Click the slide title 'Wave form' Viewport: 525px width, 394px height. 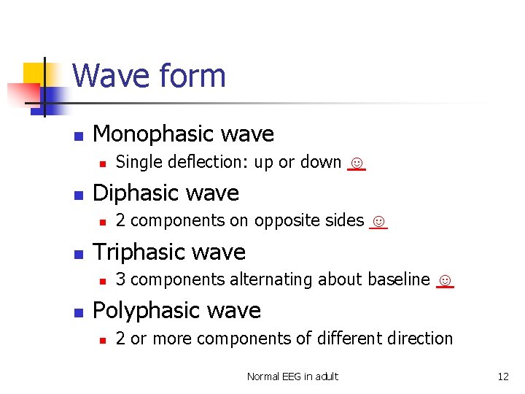(149, 76)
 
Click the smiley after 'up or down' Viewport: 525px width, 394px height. (356, 162)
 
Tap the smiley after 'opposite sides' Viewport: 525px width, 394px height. (378, 220)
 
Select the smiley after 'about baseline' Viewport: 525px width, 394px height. (445, 279)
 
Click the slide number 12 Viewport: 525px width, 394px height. (503, 376)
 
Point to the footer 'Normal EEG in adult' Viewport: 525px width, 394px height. (292, 376)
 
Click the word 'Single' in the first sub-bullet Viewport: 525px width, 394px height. (136, 162)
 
